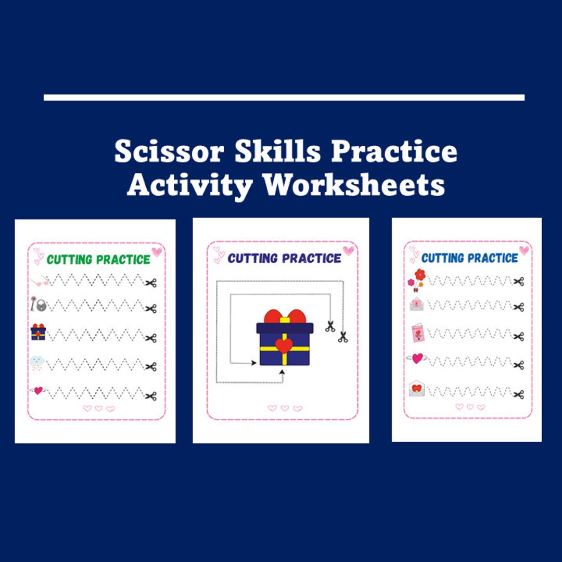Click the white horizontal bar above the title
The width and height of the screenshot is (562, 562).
[x=284, y=97]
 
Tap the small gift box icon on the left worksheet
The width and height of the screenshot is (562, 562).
[x=38, y=332]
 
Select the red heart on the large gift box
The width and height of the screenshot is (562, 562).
[x=284, y=346]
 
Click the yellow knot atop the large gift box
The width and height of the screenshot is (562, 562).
[x=284, y=319]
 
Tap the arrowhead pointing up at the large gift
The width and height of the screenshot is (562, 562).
[x=283, y=372]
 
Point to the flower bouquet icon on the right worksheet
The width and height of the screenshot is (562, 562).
[x=417, y=280]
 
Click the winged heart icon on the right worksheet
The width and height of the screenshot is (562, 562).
[x=417, y=359]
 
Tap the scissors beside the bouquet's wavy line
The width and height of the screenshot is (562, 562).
[x=518, y=282]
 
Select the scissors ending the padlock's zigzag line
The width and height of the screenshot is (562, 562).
[x=151, y=309]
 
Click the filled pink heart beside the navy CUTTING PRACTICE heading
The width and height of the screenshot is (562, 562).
[x=348, y=250]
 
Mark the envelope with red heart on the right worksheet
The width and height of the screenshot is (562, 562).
[x=416, y=389]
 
